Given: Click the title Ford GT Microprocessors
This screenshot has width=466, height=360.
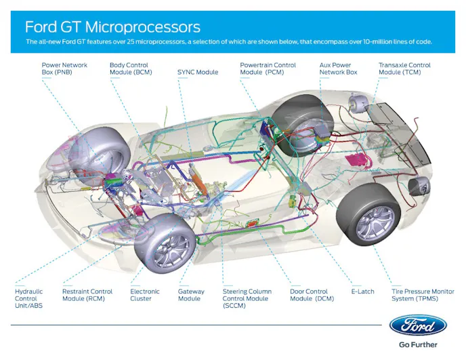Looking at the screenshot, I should click(112, 27).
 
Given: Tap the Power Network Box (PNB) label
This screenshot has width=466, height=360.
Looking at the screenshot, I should click(64, 68).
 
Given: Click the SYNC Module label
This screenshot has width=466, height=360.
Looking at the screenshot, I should click(198, 72).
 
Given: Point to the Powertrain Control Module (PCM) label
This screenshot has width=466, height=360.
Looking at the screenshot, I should click(268, 68).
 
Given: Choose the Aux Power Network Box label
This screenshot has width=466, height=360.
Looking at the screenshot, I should click(338, 68).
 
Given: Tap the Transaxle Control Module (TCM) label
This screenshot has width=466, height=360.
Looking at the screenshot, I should click(405, 68).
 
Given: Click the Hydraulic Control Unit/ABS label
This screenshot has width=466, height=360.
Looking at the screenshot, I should click(29, 298).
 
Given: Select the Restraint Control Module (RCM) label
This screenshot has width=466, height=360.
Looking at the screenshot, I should click(87, 295).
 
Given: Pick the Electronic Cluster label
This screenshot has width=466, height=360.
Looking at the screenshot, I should click(145, 295).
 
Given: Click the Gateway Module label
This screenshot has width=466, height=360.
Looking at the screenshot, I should click(191, 295).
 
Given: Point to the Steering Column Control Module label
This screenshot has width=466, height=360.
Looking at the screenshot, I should click(245, 298).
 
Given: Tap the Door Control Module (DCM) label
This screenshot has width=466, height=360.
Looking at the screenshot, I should click(312, 295).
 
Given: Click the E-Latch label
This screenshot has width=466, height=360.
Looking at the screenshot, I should click(362, 292).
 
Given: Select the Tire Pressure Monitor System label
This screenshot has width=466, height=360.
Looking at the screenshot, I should click(423, 295).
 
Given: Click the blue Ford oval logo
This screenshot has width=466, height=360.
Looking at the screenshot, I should click(417, 325).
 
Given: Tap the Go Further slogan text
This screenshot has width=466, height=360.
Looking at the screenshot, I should click(417, 344).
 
